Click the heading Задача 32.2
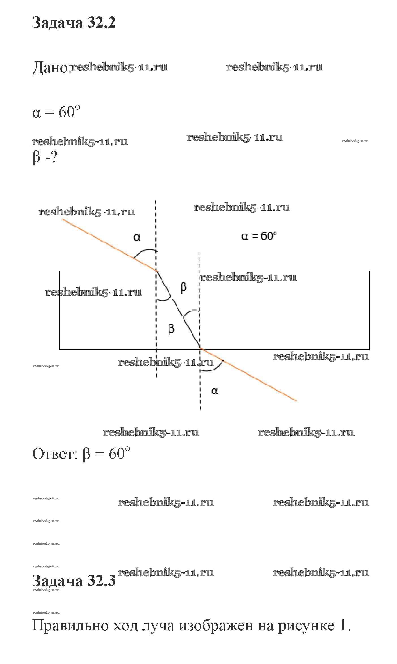click(74, 23)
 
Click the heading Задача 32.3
click(74, 581)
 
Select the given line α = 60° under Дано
click(56, 112)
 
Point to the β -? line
click(45, 157)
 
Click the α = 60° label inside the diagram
click(259, 236)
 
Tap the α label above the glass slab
click(137, 238)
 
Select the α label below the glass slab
click(215, 391)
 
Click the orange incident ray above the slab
click(109, 245)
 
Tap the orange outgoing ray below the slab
click(248, 375)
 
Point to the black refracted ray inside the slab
click(179, 310)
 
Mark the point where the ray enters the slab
click(157, 271)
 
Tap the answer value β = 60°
click(107, 454)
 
